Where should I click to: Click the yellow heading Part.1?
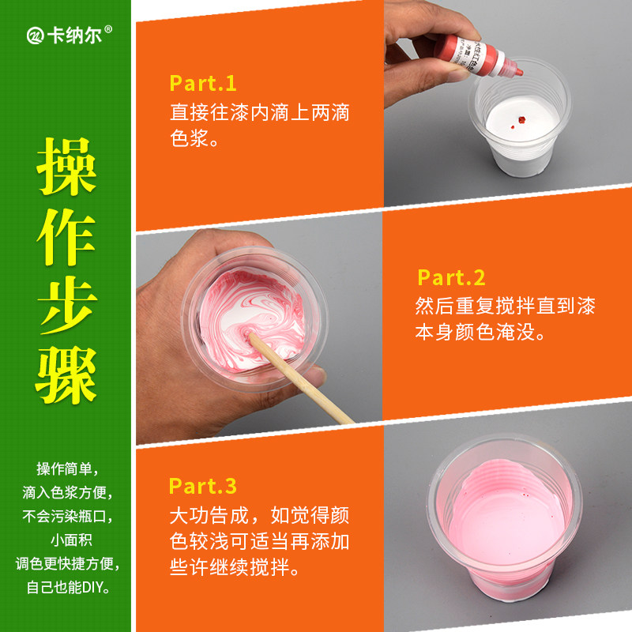[203, 84]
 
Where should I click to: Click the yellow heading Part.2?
[451, 277]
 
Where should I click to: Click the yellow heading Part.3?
[202, 486]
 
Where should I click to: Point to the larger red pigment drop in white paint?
[521, 120]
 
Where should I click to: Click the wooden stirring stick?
[299, 377]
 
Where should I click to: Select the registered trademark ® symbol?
[108, 29]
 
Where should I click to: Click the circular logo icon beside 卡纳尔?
[35, 36]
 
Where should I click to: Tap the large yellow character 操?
[66, 166]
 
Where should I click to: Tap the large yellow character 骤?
[66, 374]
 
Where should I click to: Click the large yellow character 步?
[67, 305]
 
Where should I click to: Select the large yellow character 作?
[66, 236]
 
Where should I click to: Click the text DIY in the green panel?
[92, 587]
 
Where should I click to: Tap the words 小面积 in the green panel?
[71, 540]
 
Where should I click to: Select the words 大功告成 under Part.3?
[209, 516]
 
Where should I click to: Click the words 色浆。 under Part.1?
[194, 138]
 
